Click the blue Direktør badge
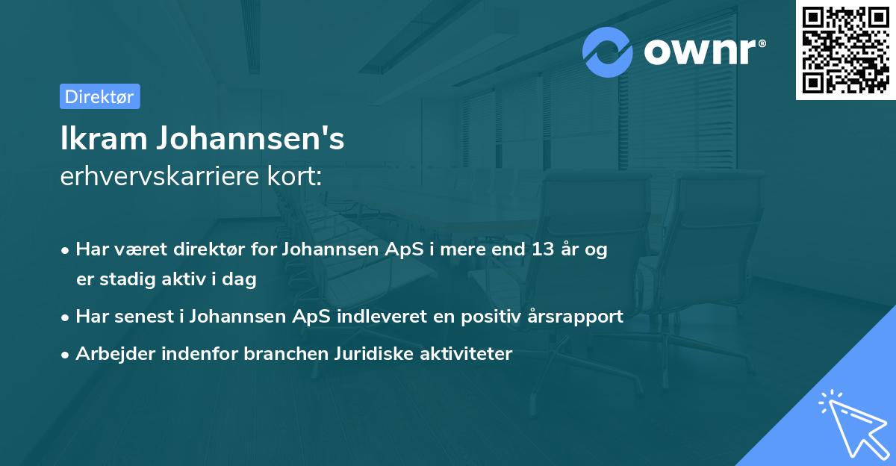tap(99, 96)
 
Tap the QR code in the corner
tap(845, 49)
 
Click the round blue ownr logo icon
tap(608, 52)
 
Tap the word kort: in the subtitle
tap(297, 177)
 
